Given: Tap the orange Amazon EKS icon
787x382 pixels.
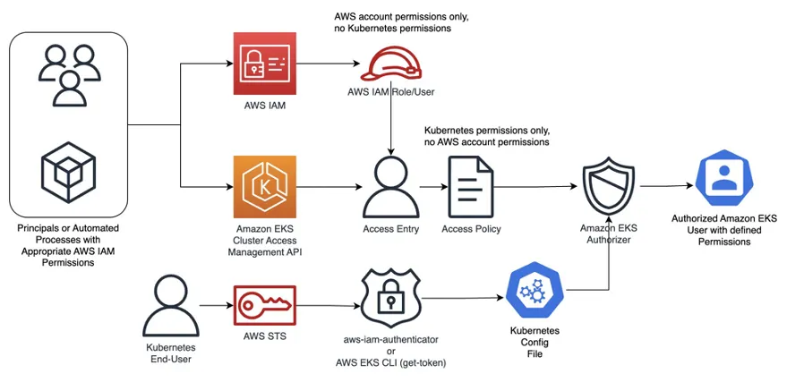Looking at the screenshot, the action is (x=264, y=187).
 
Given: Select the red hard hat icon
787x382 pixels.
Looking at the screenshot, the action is (x=391, y=65).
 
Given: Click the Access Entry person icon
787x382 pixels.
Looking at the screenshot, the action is (x=390, y=186).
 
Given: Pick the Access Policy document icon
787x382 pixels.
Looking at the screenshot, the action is (x=471, y=186).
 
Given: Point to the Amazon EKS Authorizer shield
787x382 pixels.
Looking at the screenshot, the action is (x=608, y=187).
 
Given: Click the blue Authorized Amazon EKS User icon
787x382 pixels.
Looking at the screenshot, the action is (x=724, y=177).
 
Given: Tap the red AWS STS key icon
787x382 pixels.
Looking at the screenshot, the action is (x=264, y=306).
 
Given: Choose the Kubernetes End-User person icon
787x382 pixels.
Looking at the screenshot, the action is (x=171, y=306).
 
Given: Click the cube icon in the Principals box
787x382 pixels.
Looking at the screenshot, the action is (x=68, y=173).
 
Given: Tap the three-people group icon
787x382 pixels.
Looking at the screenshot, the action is (x=70, y=75).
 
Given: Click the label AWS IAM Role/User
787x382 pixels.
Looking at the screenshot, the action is (x=391, y=92).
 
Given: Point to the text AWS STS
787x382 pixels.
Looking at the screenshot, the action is (x=264, y=335).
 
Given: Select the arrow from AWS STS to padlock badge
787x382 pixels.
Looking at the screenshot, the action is (x=329, y=306).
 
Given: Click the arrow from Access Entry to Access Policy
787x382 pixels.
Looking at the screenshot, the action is (x=433, y=187).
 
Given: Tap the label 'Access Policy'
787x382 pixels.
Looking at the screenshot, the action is (x=471, y=229).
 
